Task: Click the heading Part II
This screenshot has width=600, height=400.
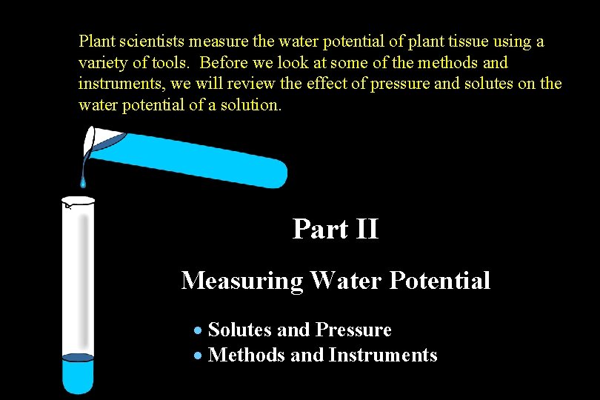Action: point(336,229)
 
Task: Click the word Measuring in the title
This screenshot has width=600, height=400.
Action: point(242,281)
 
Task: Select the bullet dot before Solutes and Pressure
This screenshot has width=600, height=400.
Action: point(198,330)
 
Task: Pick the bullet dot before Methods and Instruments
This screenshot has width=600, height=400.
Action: point(198,356)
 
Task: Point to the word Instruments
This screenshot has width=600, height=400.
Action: point(382,356)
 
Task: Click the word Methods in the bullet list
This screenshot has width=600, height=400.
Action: point(247,356)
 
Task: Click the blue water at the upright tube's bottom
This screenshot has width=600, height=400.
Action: point(78,374)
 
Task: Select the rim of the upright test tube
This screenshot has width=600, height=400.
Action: point(78,200)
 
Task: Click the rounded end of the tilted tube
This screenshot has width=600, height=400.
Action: point(278,174)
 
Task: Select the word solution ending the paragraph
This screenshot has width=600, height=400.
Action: point(254,105)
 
